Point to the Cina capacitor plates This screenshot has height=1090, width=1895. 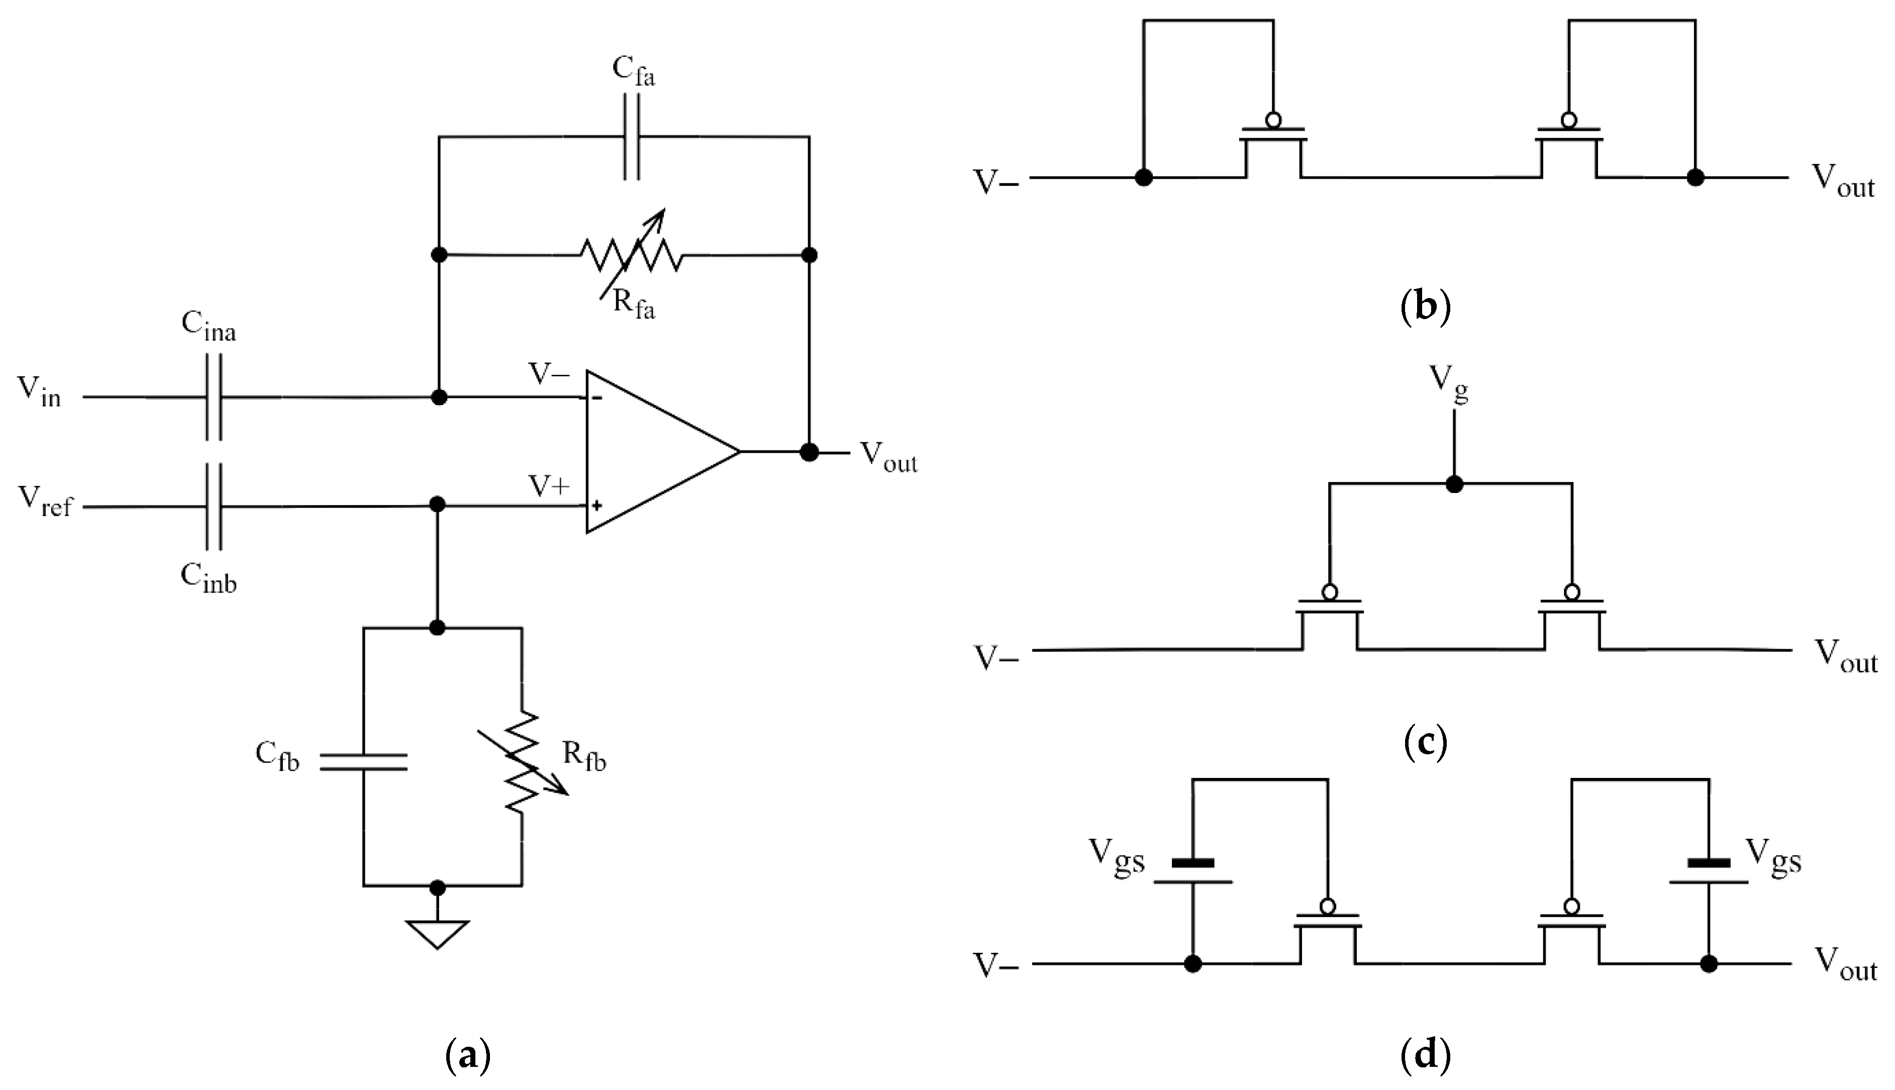pos(213,397)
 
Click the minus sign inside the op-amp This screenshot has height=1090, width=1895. pos(597,398)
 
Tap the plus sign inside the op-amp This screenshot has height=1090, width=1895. pos(596,506)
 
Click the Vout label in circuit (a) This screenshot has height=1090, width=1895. pos(888,457)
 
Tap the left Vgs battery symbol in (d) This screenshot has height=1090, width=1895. pos(1192,872)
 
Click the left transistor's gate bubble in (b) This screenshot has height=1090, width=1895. pos(1273,120)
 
